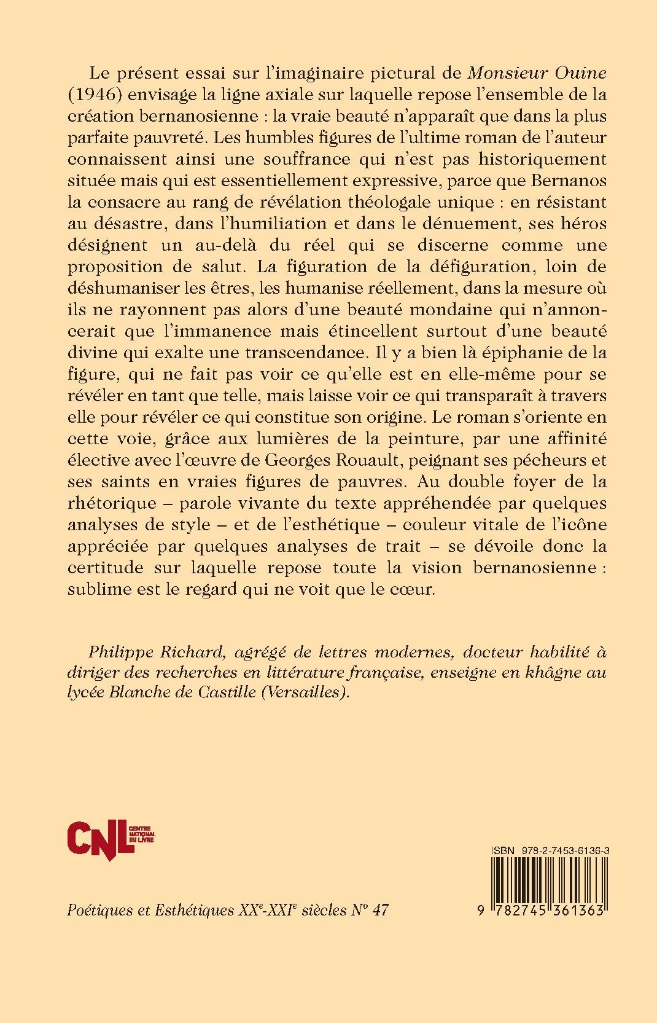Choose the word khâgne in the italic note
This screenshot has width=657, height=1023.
542,672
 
